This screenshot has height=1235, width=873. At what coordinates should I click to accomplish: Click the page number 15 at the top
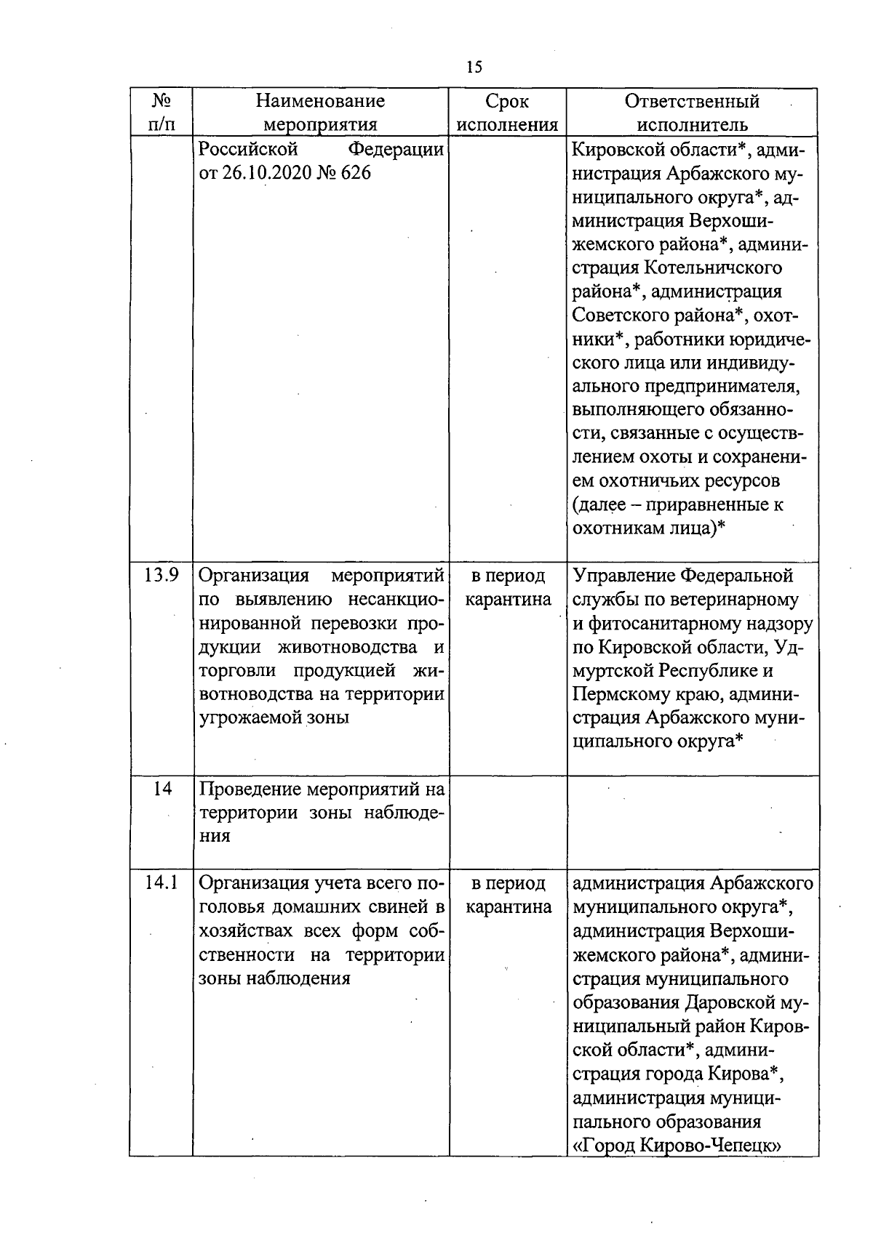click(474, 68)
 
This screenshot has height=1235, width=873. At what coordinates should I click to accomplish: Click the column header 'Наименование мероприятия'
click(320, 112)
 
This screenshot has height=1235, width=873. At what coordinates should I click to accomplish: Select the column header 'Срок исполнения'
click(508, 112)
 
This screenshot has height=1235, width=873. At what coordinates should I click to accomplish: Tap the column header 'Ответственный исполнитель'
click(692, 112)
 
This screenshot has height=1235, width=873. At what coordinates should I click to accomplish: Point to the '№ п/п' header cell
click(162, 112)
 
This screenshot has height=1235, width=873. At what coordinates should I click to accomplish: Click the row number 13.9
click(162, 576)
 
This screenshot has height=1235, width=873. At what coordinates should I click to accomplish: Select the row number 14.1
click(162, 883)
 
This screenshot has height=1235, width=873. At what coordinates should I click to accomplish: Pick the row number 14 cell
click(162, 789)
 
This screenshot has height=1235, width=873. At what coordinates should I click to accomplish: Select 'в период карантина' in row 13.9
click(508, 588)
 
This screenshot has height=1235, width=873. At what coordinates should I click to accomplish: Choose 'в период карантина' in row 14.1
click(508, 896)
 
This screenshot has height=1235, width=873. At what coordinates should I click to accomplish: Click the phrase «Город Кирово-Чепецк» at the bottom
click(677, 1146)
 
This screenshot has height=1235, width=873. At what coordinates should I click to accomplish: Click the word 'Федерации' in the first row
click(396, 150)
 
